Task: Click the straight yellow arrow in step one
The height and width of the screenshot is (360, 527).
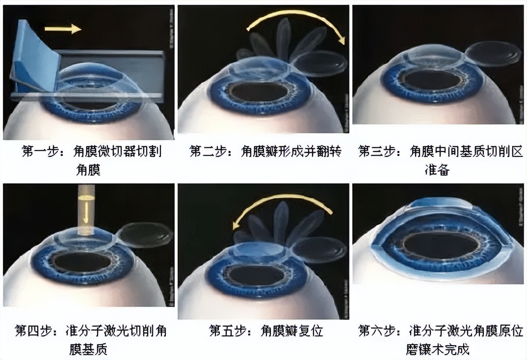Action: click(x=63, y=29)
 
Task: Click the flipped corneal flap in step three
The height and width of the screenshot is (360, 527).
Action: click(x=493, y=53)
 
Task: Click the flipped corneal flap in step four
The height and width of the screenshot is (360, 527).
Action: click(x=146, y=234)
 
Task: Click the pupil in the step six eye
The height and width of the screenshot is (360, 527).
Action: click(x=437, y=244)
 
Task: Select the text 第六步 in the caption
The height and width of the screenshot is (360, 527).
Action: click(x=375, y=331)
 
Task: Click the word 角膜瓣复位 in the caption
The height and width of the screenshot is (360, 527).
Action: click(x=292, y=331)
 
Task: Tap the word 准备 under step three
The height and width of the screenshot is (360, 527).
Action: click(x=437, y=170)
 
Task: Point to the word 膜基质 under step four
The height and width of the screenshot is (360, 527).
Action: click(x=88, y=349)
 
